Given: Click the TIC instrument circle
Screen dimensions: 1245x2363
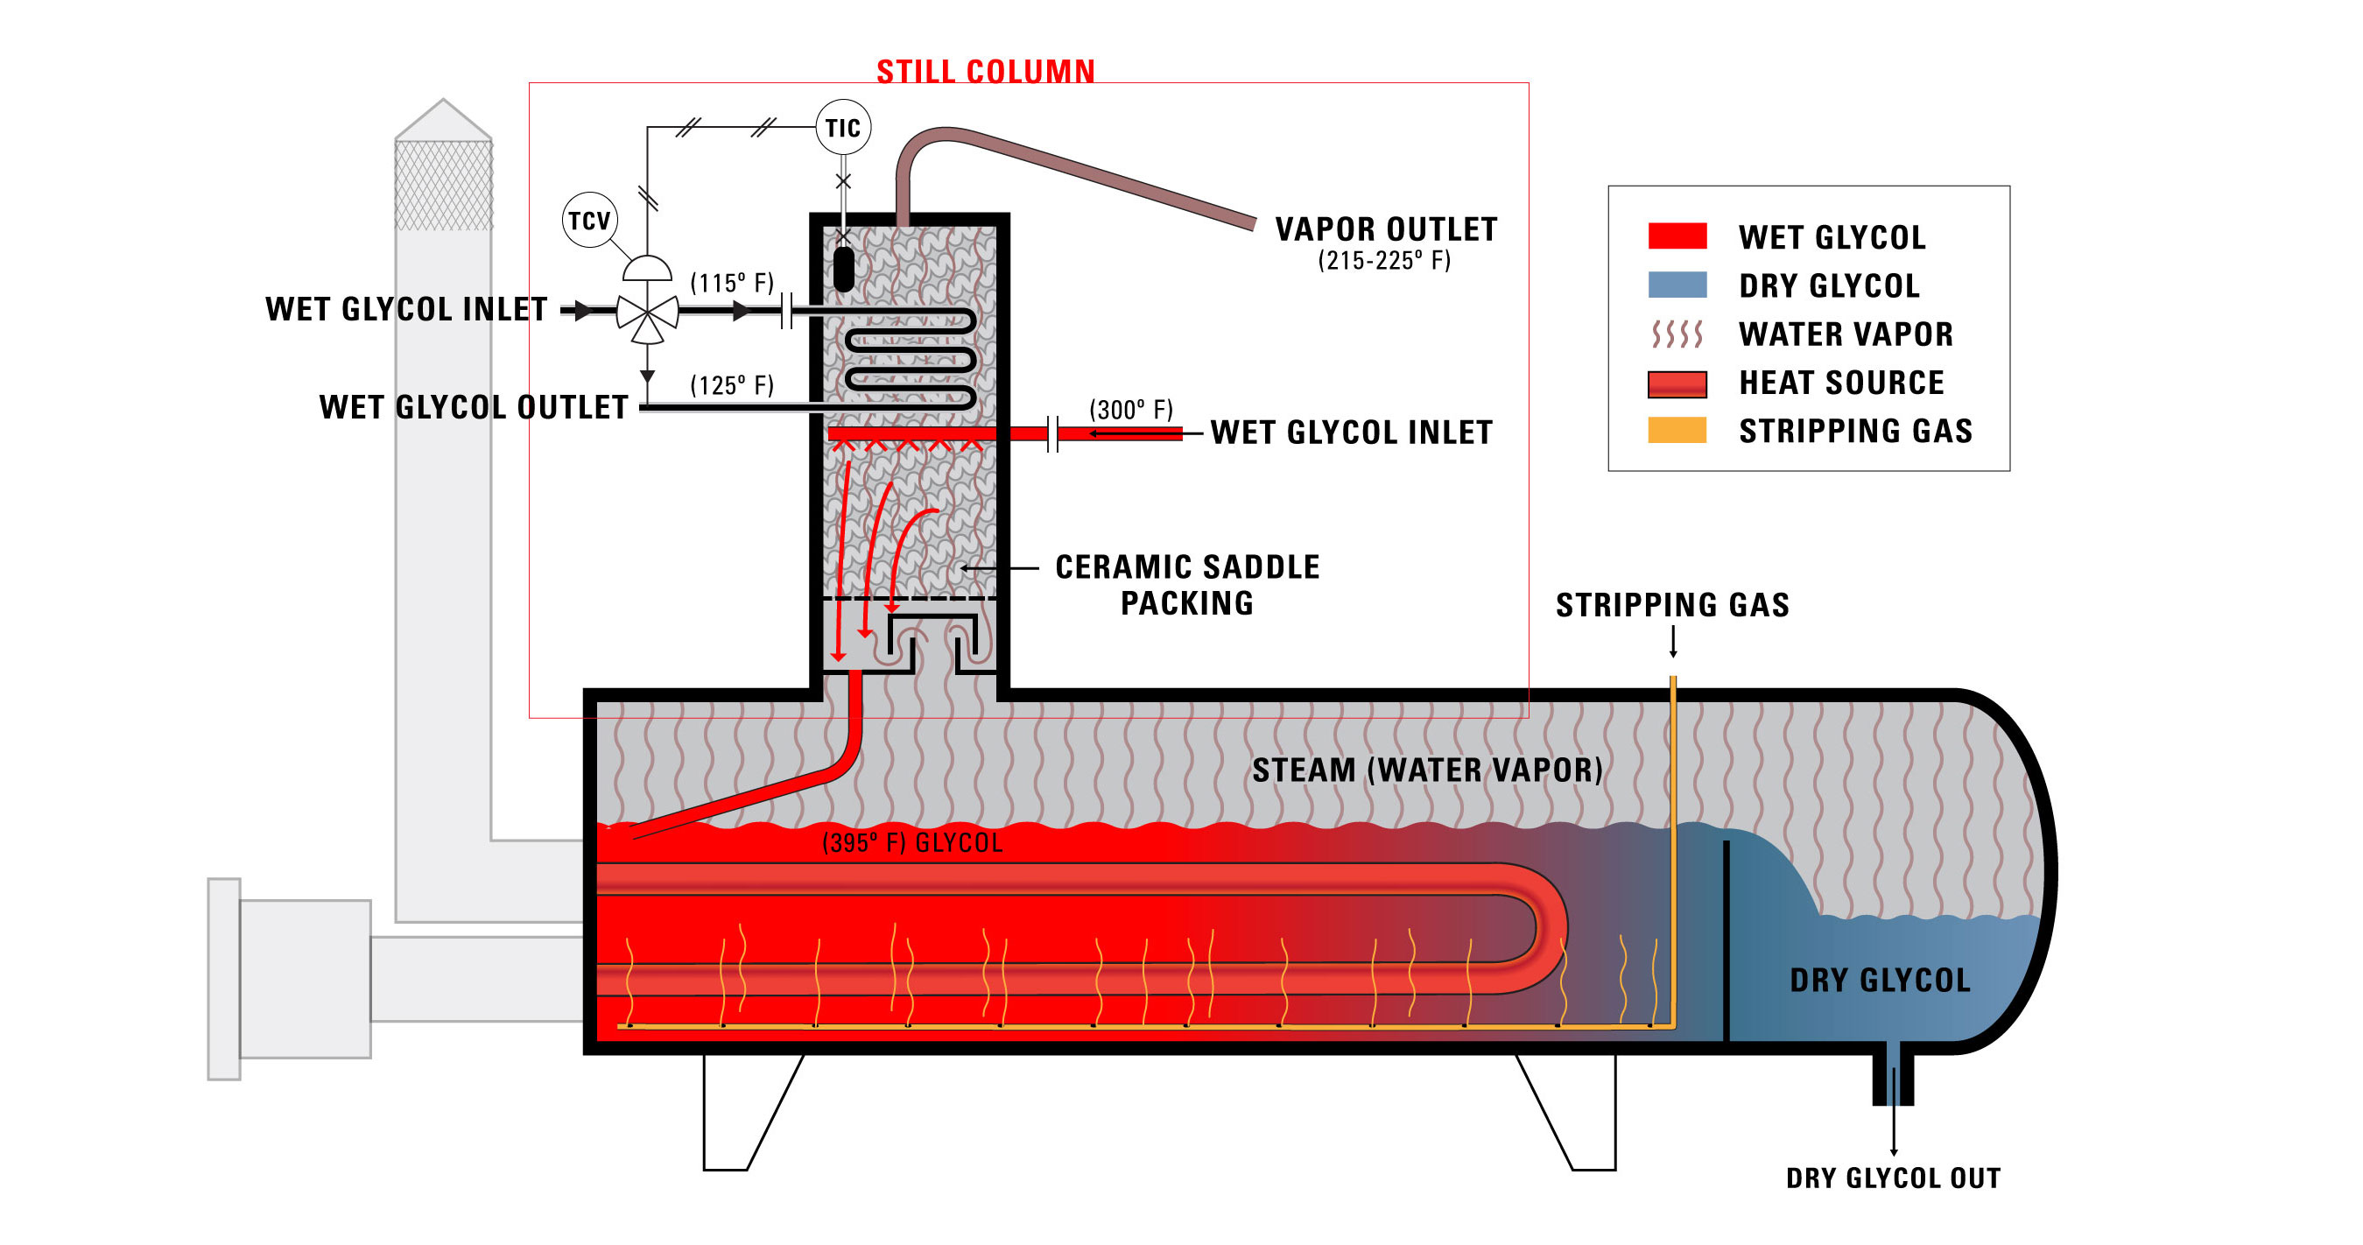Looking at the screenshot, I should click(842, 128).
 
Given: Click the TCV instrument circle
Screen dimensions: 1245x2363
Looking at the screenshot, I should click(589, 220).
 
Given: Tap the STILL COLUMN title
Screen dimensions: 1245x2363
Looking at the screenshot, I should click(985, 72).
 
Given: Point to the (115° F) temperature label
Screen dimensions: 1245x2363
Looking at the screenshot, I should click(731, 283).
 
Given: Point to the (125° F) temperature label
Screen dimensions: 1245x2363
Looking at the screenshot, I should click(731, 385).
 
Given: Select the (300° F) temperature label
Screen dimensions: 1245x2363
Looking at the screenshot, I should click(1130, 409).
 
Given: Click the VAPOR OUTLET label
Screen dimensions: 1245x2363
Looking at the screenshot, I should click(1385, 229).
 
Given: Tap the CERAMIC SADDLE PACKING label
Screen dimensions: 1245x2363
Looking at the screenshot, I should click(1186, 585).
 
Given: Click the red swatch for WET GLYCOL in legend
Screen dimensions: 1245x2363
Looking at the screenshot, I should click(1677, 236).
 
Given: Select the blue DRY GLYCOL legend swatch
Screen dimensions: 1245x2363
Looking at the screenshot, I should click(1677, 285).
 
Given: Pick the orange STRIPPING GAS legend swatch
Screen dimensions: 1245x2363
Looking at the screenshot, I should click(1677, 430).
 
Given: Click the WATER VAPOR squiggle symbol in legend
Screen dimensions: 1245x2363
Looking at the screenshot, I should click(1677, 334).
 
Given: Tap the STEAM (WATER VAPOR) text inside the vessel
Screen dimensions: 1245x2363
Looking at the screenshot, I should click(1426, 770).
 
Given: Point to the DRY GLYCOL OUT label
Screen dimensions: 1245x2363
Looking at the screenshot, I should click(1893, 1178).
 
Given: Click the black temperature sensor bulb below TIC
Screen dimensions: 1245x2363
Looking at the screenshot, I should click(843, 269).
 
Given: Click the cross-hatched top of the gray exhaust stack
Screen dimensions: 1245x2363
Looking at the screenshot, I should click(443, 184).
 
